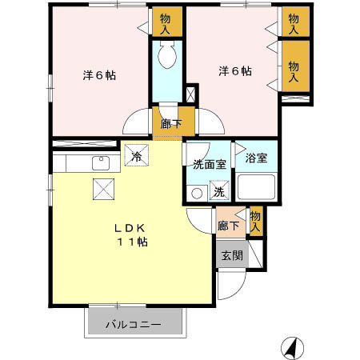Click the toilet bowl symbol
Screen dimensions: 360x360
pos(168,56)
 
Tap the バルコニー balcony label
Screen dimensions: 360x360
pos(137,326)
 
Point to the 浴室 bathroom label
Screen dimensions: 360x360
pos(256,158)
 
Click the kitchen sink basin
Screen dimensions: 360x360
pos(101,163)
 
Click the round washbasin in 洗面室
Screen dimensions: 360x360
pos(196,193)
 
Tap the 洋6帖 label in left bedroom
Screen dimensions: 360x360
pos(100,76)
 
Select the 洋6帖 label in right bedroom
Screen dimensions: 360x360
pos(235,71)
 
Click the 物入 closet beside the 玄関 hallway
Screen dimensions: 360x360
pos(255,221)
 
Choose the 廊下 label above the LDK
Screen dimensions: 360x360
pos(169,123)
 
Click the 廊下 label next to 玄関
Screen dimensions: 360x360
pos(228,226)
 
